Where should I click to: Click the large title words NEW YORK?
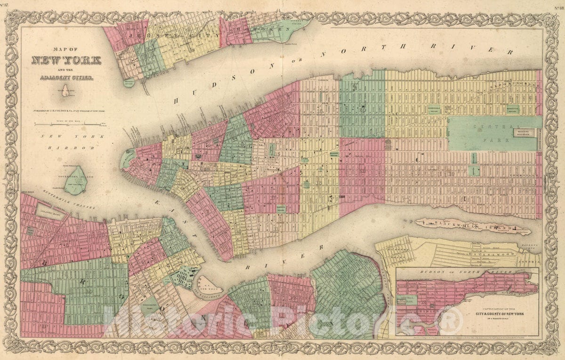pos(66,60)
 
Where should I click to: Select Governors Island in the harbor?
pos(75,180)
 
